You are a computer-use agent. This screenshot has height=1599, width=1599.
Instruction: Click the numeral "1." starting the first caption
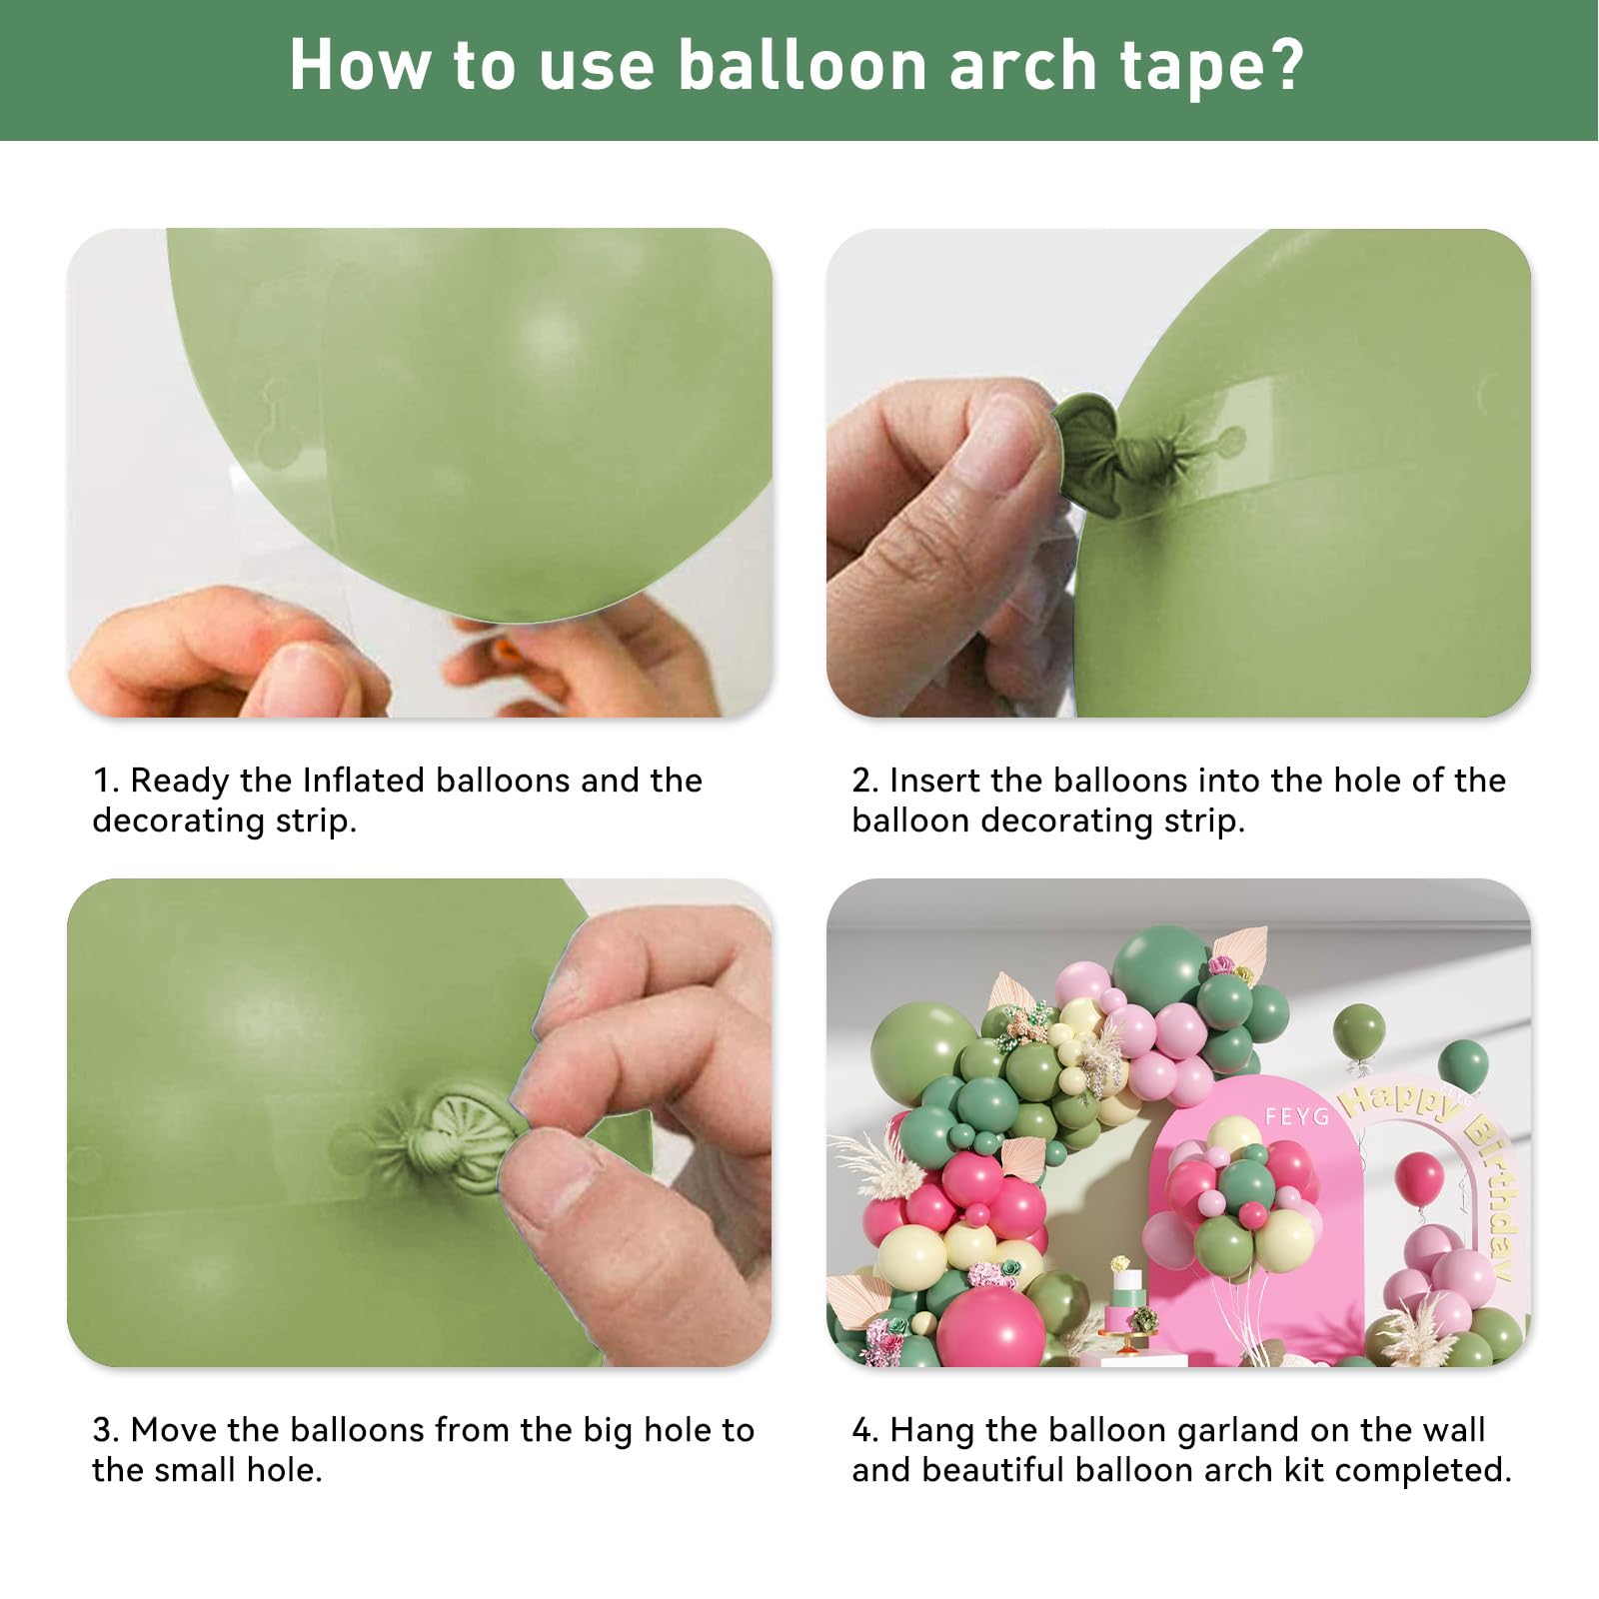point(106,780)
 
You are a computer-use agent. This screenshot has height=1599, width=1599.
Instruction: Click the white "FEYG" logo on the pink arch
point(1296,1115)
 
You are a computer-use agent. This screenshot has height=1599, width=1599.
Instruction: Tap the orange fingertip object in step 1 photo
point(509,652)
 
